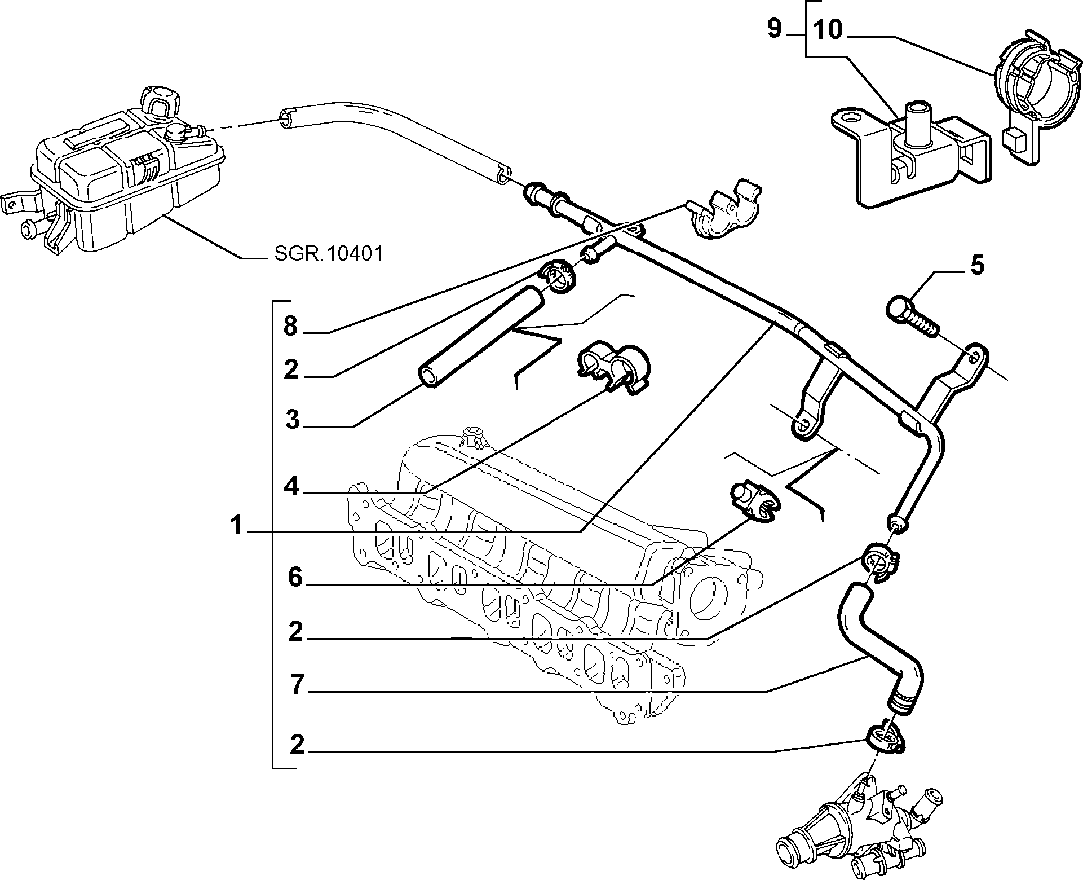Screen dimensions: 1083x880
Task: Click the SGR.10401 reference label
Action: [329, 254]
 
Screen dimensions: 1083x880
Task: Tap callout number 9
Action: [775, 29]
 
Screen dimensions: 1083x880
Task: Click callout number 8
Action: [290, 326]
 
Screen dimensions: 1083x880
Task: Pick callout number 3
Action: [292, 420]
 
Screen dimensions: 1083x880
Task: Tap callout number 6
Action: [295, 578]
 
